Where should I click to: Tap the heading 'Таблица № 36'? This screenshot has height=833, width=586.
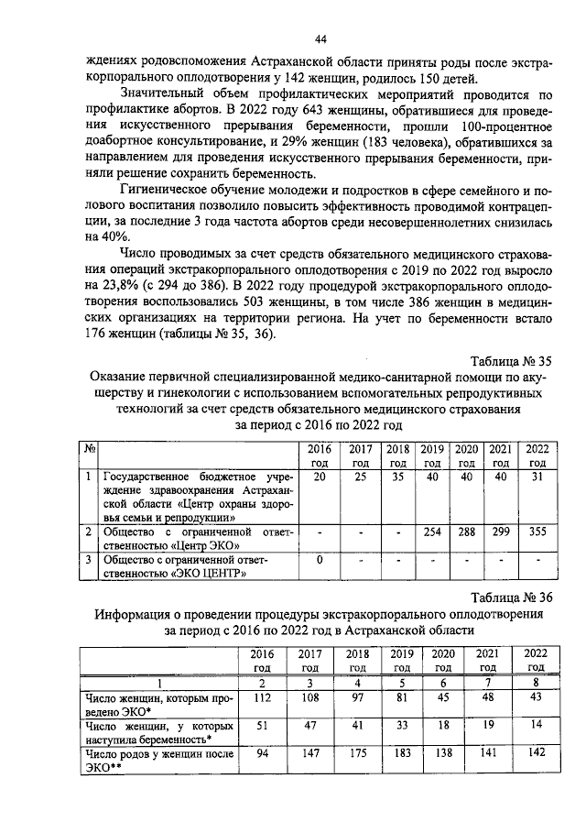(511, 597)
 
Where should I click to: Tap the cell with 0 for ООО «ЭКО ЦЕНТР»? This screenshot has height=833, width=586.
(319, 560)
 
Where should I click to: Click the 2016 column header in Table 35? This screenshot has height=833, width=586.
(319, 455)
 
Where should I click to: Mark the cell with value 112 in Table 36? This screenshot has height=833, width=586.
(264, 699)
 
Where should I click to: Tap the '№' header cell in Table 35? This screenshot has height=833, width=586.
(90, 449)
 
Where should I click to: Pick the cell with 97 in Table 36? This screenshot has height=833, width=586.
(354, 699)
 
